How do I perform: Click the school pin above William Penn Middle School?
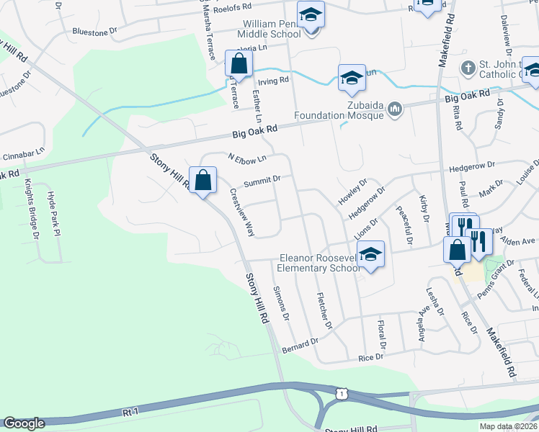pos(311,15)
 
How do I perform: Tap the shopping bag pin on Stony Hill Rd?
pos(203,179)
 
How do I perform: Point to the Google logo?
pos(23,424)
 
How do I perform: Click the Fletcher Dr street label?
pos(324,310)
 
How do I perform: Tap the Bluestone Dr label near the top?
pos(94,32)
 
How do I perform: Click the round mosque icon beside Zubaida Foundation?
pos(394,109)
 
